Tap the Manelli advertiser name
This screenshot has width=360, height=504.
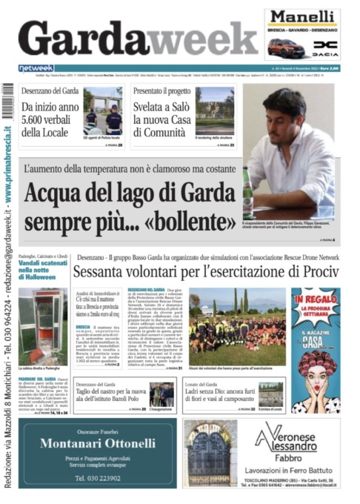tap(302, 18)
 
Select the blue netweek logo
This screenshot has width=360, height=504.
tap(36, 68)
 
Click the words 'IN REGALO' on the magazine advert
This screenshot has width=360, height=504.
tap(315, 302)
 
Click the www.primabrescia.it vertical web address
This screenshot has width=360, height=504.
tap(7, 156)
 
